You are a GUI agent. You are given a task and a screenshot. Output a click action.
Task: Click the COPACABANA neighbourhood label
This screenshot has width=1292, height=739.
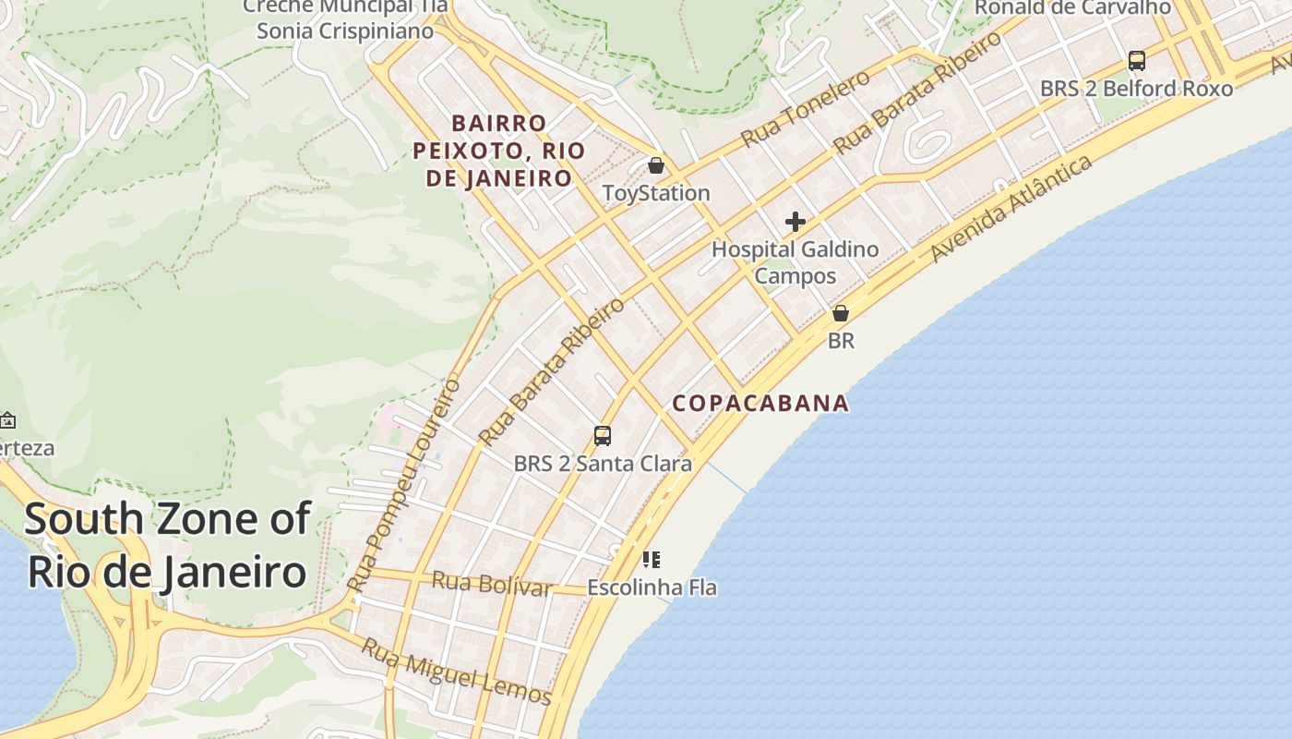[760, 403]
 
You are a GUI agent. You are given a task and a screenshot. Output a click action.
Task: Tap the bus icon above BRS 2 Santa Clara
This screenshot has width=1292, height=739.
[603, 435]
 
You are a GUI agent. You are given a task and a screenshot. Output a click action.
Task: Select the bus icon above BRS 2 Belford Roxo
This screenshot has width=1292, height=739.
[1137, 61]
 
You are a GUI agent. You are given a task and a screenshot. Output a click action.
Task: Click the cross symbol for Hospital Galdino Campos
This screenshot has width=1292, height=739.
[795, 222]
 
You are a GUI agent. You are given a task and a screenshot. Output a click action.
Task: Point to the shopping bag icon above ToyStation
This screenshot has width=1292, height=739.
[655, 165]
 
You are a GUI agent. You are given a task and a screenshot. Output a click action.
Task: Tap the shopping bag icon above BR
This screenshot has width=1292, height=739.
[840, 313]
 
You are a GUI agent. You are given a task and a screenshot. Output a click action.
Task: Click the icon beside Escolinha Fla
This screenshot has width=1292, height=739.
[652, 559]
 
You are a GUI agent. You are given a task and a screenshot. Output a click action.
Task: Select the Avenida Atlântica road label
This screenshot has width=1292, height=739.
[1011, 208]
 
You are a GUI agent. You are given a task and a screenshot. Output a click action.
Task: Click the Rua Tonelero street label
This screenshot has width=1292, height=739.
[805, 108]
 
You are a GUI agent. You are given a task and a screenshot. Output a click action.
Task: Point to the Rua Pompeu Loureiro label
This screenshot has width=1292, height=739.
[403, 484]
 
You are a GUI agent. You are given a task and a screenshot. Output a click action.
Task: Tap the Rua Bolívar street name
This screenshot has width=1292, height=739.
[492, 584]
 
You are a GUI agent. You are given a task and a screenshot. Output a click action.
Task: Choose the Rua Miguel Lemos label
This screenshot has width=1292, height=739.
[456, 672]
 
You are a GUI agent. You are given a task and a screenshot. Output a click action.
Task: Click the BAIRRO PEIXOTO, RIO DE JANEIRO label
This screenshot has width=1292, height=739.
[499, 151]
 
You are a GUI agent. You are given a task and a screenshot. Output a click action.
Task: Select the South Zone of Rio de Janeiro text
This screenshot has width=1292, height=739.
[167, 545]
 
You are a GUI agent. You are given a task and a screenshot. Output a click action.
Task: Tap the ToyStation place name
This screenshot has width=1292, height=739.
[656, 193]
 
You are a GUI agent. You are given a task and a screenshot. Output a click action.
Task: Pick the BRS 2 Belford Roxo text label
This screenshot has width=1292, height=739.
[1136, 89]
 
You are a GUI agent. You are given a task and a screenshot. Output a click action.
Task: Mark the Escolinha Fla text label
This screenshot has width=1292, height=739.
[652, 588]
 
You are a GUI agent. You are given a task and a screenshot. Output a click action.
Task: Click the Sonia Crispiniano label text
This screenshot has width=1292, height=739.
[345, 30]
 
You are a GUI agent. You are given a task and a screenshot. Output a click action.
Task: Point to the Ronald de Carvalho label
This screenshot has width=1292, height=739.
[1072, 7]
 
